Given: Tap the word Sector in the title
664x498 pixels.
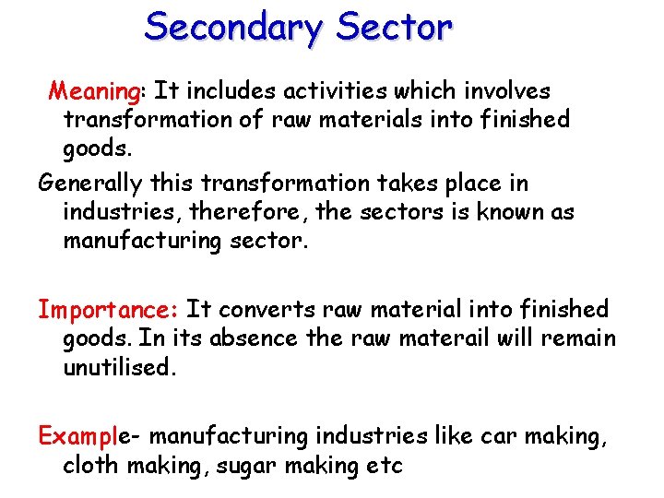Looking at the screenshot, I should click(395, 28).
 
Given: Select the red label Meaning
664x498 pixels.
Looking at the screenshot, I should click(93, 91).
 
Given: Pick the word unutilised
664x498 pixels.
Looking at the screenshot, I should click(118, 368).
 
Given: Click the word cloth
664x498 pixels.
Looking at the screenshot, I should click(90, 465).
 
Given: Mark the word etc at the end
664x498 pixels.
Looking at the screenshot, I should click(385, 465).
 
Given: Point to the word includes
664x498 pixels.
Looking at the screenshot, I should click(231, 91).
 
